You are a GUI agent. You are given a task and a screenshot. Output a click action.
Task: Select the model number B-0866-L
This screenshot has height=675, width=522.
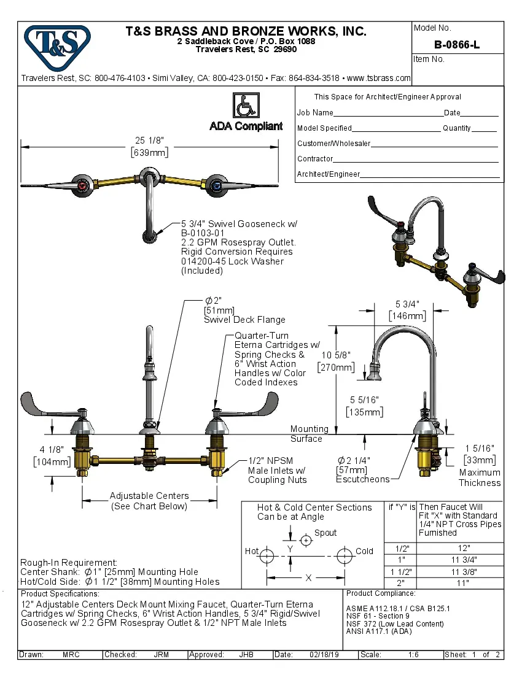457,44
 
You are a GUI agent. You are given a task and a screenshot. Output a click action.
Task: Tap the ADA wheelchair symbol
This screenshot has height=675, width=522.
246,106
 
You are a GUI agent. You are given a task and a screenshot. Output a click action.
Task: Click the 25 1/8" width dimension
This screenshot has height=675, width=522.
149,141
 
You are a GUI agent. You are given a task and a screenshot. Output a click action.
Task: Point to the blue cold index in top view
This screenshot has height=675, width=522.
214,185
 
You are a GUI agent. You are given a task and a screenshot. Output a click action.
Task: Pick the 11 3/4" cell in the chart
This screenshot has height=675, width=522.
464,560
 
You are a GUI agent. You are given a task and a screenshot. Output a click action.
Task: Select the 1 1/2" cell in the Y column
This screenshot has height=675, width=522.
402,571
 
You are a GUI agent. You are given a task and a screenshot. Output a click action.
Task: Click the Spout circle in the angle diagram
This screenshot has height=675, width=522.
306,539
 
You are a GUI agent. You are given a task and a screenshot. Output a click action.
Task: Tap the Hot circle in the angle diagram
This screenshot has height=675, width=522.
267,556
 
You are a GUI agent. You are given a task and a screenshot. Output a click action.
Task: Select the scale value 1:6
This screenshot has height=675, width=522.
413,655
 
